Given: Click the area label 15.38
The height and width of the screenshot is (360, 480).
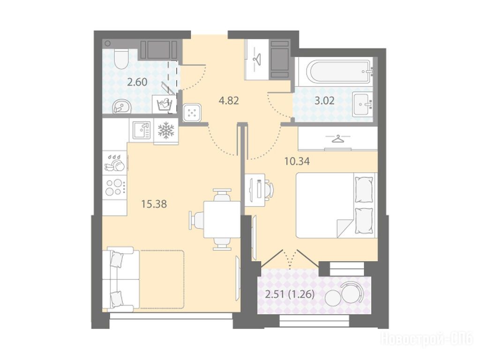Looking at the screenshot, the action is click(154, 204).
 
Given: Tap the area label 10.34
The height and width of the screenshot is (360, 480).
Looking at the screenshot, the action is click(297, 161).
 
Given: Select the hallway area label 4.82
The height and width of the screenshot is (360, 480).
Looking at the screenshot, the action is click(229, 100).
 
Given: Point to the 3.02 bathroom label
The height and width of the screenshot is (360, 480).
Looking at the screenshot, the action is click(324, 100).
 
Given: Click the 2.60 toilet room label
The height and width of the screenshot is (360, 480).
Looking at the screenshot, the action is click(137, 82).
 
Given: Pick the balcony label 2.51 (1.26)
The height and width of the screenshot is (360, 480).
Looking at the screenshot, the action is click(290, 294).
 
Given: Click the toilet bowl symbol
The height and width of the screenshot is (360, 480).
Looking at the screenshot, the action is click(120, 58).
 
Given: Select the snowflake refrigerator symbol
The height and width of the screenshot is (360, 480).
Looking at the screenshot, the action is click(165, 130).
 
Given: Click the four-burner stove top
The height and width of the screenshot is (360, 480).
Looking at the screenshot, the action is click(114, 187).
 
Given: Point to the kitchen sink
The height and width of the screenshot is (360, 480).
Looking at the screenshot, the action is click(142, 130).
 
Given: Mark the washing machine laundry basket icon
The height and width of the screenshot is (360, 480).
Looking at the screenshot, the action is click(164, 104).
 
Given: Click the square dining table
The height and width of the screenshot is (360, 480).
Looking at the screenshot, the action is click(222, 219).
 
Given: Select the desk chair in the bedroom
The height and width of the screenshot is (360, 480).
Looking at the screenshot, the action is click(269, 187).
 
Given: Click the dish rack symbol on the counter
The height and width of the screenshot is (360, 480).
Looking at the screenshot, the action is click(115, 163).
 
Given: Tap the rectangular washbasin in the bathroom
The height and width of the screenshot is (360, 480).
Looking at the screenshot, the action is click(362, 104).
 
